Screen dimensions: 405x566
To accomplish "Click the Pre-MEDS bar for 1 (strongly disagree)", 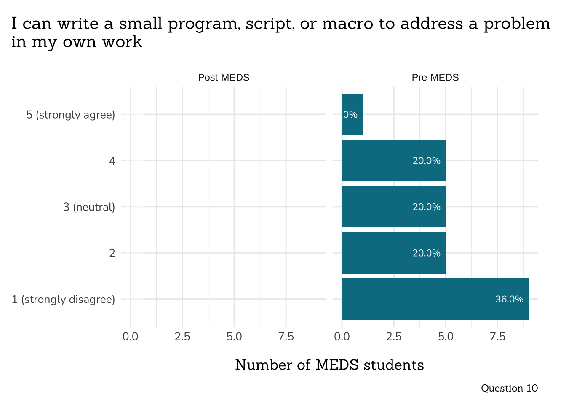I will [435, 299].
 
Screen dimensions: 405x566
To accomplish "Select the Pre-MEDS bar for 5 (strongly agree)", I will [352, 114].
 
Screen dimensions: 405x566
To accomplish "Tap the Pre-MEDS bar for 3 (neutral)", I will [393, 207].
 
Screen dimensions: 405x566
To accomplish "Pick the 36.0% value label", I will [509, 299].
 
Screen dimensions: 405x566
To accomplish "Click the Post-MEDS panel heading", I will [224, 78].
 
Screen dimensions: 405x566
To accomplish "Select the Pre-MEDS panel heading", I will [435, 78].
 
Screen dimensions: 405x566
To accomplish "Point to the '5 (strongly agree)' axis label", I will [70, 115].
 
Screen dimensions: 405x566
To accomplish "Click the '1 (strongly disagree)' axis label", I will [63, 300].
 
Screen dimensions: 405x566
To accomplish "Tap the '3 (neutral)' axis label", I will [89, 207].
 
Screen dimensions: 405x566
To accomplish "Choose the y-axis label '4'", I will [112, 161].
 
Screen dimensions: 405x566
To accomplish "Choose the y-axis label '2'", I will [112, 253].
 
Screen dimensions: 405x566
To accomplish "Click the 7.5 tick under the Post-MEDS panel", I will [286, 337].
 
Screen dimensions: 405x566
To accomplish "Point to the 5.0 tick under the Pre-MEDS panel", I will [446, 337].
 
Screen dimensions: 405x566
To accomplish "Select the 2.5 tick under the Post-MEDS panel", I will [182, 337].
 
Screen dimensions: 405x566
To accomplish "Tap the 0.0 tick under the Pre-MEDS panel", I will [342, 337].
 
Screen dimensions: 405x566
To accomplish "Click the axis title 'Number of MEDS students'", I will [329, 365].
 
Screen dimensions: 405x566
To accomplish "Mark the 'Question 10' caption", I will [509, 388].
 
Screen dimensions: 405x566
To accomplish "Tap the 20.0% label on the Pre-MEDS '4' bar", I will [426, 161].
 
